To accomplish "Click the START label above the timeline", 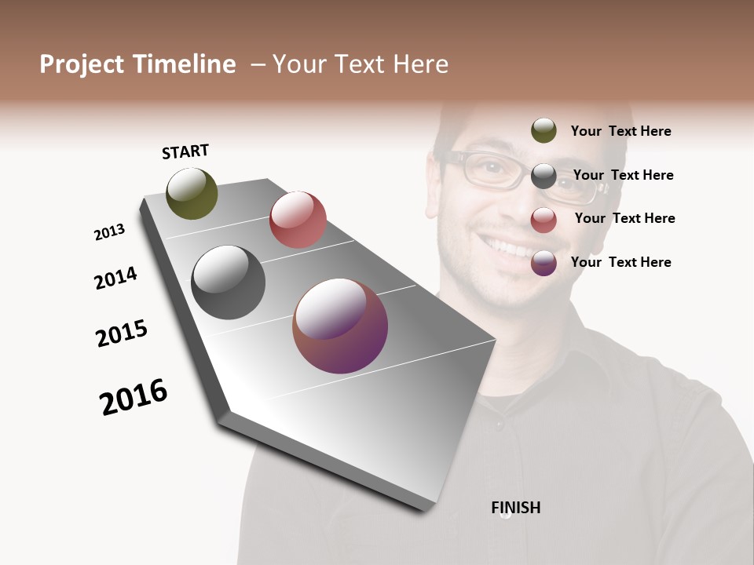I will [185, 151].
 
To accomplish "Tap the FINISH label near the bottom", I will [515, 508].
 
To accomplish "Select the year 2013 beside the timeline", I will [109, 232].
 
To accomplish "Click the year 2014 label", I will [115, 278].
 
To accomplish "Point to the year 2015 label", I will [122, 334].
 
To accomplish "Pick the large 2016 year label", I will [134, 397].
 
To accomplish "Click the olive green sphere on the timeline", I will [192, 193].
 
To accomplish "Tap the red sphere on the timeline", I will [298, 220].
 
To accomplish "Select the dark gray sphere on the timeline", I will [228, 282].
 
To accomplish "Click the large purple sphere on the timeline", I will [340, 326].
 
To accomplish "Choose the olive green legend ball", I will [544, 130].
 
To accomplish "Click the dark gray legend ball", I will [544, 176].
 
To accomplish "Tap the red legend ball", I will [544, 220].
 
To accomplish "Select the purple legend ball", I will [544, 263].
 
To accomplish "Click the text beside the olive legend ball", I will [620, 131].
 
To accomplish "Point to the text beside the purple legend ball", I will [620, 262].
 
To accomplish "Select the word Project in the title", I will [81, 64].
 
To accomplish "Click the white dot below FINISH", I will [506, 516].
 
